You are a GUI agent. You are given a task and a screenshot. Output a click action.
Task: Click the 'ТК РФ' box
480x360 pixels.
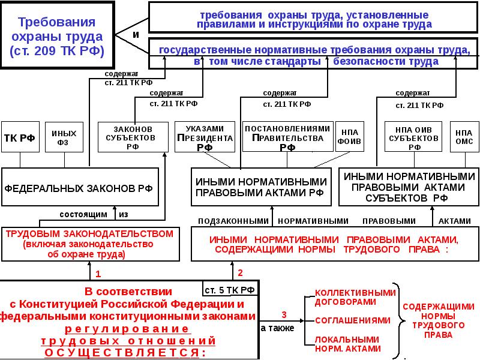[19, 137]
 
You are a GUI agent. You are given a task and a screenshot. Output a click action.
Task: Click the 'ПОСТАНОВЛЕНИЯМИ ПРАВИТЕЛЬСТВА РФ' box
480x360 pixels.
[287, 137]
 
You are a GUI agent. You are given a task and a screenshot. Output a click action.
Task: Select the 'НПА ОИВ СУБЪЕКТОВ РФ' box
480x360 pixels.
[415, 137]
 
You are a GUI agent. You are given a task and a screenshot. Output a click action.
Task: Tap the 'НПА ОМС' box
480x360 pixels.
[464, 137]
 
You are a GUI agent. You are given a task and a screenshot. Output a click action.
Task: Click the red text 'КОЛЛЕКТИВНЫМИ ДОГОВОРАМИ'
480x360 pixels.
[355, 298]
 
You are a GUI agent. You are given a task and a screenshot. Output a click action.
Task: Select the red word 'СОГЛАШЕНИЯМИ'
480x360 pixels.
[346, 320]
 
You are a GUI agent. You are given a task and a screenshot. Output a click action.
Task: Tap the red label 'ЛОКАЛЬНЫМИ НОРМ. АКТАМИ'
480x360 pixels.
[348, 344]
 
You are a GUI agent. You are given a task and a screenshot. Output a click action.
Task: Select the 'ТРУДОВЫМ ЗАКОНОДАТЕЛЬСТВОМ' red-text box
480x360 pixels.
[90, 244]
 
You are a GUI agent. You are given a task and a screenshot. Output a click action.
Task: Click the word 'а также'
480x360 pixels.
[277, 329]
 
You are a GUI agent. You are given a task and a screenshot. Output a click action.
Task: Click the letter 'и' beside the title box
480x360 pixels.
[136, 35]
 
